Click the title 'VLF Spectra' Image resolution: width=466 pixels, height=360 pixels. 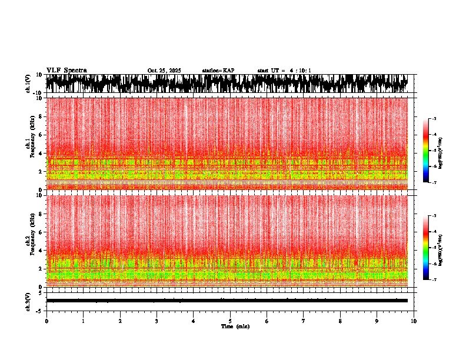pos(66,70)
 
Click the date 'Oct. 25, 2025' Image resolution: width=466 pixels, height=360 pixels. pos(164,71)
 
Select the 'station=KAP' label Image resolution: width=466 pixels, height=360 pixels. pos(218,71)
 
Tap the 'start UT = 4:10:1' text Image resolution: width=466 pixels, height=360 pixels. pos(284,71)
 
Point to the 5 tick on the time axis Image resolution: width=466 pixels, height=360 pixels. pos(230,321)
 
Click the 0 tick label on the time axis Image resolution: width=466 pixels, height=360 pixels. pos(46,321)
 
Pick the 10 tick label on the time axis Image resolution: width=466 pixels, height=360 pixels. pos(414,321)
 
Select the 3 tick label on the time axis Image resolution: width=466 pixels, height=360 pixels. pos(157,321)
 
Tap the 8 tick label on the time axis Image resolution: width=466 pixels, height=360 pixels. pos(340,321)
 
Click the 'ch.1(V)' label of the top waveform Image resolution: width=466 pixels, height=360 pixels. pos(28,84)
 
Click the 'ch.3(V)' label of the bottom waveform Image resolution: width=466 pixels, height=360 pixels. pos(28,301)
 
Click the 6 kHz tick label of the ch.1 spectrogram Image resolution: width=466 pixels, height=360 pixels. pos(40,135)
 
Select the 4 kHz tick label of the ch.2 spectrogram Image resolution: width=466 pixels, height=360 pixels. pos(40,250)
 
